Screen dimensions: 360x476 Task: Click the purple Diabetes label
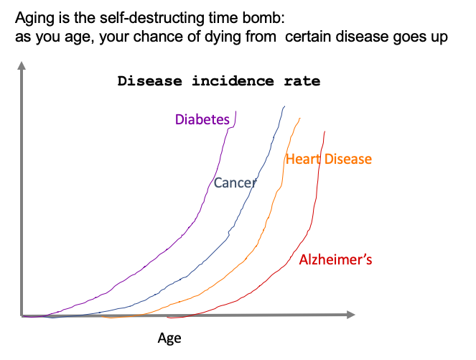202,119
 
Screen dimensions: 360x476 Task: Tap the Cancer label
235,183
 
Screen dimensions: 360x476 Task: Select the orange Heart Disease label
329,159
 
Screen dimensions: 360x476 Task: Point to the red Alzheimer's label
335,259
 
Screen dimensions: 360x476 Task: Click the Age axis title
169,338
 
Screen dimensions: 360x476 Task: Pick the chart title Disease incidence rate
219,81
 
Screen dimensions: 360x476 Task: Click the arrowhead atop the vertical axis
22,67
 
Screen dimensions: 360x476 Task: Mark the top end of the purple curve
235,111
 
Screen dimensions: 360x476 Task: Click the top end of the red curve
325,131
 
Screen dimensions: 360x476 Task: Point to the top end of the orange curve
300,118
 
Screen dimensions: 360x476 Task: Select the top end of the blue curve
284,106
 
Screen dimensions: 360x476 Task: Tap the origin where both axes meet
22,315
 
